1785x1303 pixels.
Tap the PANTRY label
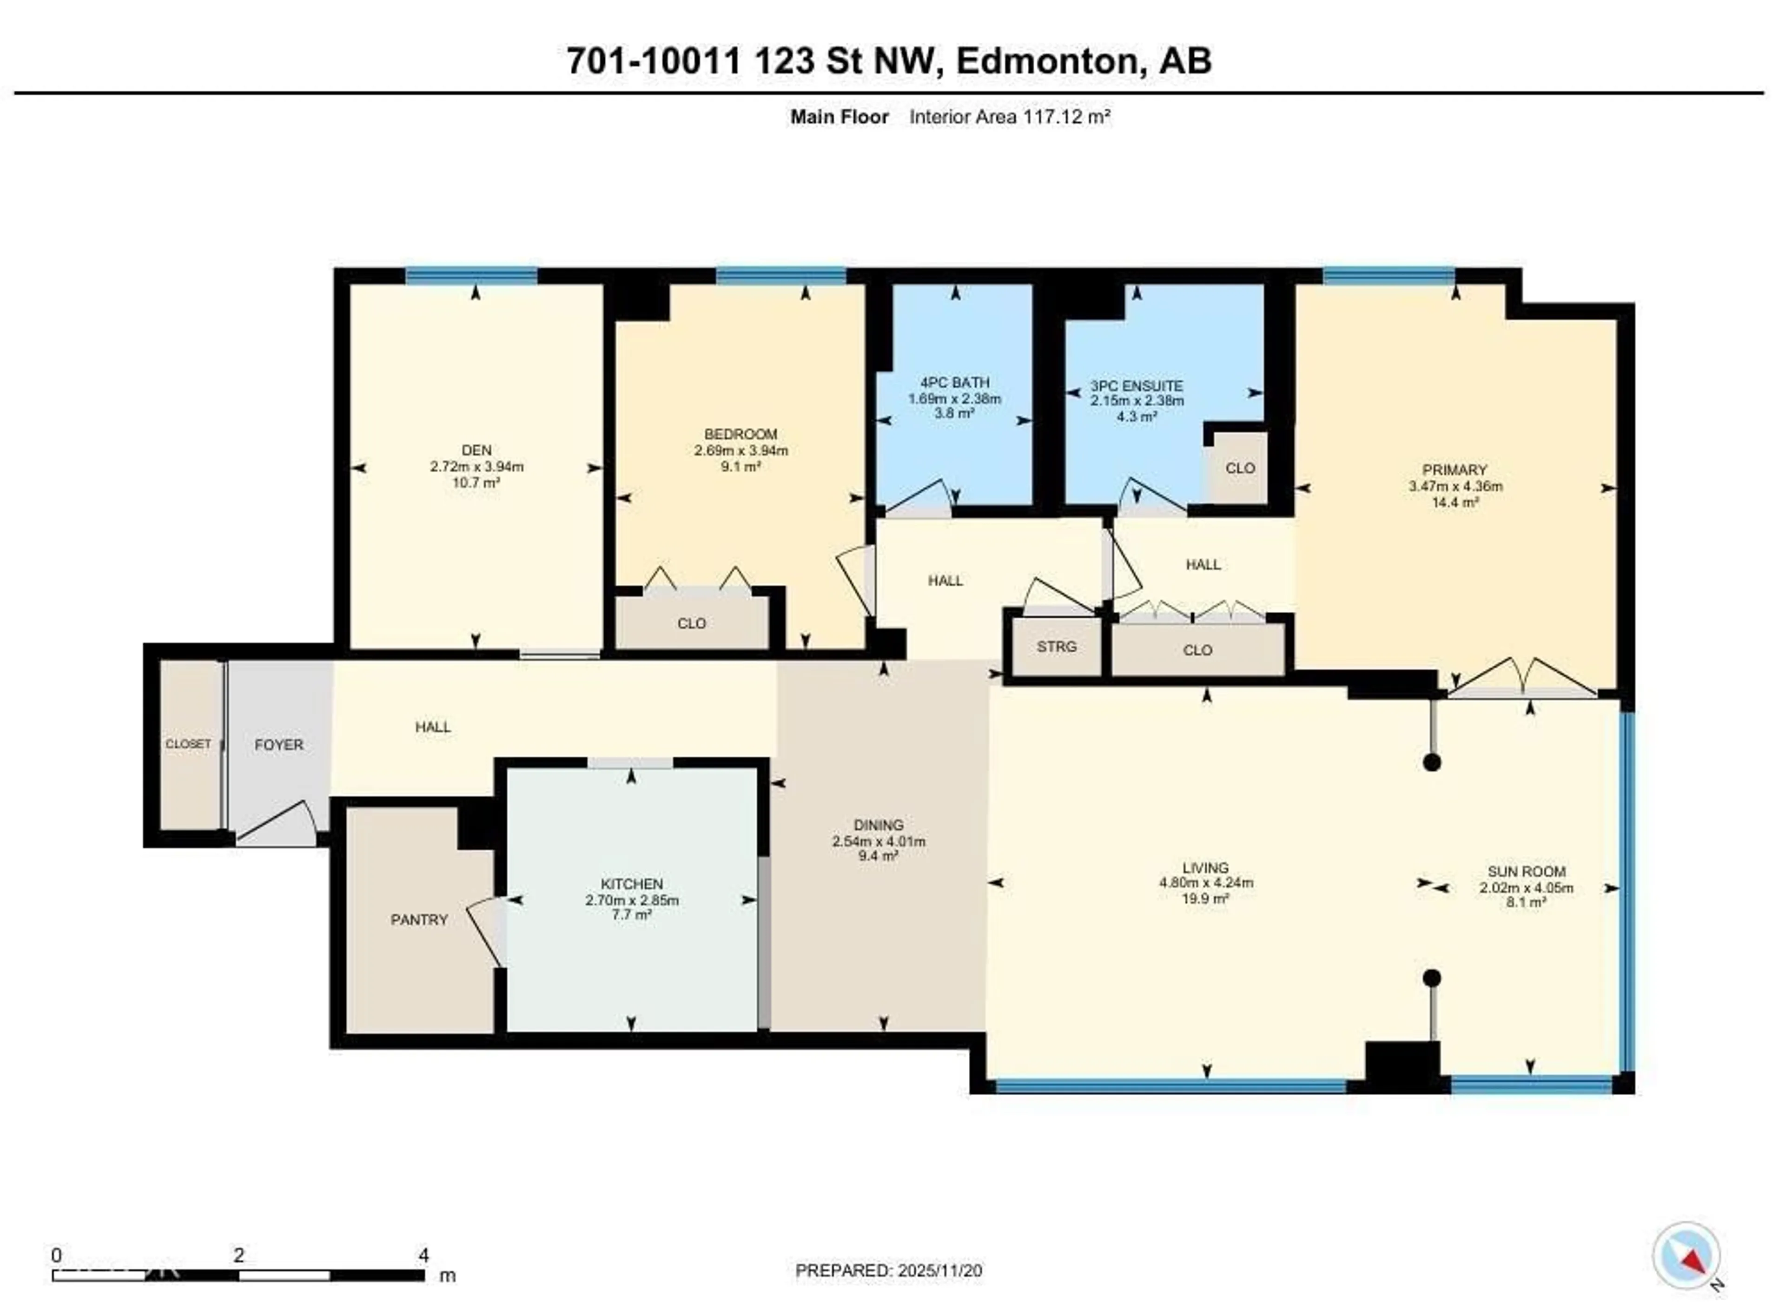click(419, 919)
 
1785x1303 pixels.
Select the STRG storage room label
click(1056, 647)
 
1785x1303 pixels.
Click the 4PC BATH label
click(954, 383)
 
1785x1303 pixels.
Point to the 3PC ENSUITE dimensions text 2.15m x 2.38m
click(1137, 401)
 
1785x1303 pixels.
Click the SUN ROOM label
click(1526, 872)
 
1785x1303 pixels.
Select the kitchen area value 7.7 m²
click(632, 915)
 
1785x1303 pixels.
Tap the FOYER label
click(278, 745)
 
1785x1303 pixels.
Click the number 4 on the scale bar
click(423, 1255)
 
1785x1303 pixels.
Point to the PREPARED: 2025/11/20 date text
click(888, 1270)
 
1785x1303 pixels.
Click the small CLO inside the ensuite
click(1240, 468)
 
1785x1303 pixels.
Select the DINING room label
click(878, 825)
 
